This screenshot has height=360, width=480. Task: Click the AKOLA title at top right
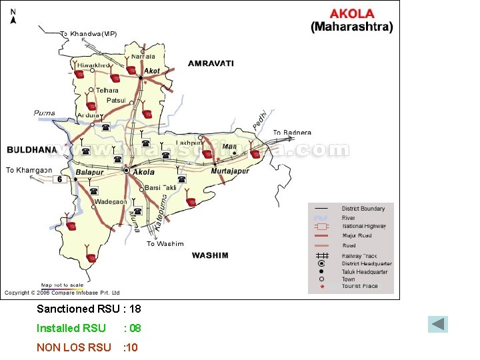[352, 13]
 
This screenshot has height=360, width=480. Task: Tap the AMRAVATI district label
[211, 63]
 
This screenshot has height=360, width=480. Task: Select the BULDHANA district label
[31, 149]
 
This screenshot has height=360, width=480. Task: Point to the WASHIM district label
[210, 255]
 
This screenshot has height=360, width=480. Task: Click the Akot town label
[152, 71]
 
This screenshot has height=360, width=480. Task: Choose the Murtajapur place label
[229, 171]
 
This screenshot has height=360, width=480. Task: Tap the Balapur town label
[90, 172]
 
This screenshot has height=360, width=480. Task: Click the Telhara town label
[107, 91]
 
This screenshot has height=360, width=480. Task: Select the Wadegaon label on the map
[110, 201]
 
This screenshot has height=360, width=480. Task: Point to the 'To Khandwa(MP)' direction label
[88, 33]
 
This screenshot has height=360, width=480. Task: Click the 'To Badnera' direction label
[292, 133]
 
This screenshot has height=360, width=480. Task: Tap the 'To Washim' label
[165, 244]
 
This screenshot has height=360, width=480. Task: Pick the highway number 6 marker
[60, 179]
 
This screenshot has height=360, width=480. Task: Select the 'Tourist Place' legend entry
[359, 287]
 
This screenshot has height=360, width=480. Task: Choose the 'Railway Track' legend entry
[359, 256]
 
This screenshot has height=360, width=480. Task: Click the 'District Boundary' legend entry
[363, 209]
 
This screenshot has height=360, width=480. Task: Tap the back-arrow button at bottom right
[438, 325]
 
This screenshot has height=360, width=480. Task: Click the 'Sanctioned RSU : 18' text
[89, 309]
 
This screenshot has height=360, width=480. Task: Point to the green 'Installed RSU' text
[71, 328]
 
